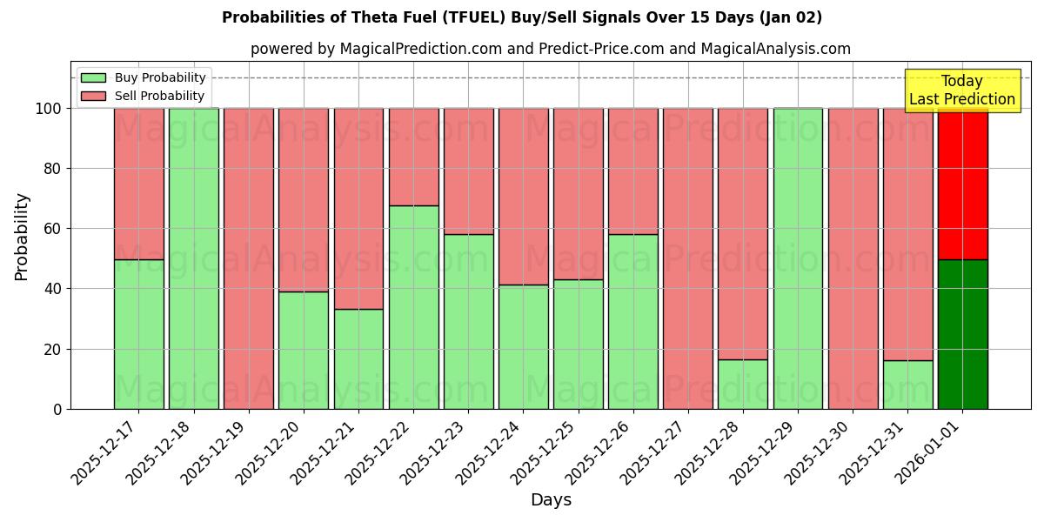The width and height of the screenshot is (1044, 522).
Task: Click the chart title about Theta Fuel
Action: coord(522,17)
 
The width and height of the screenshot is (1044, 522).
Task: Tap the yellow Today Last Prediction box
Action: coord(962,90)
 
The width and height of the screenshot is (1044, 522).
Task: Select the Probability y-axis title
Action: coord(22,237)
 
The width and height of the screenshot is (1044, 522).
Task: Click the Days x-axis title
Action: coord(551,500)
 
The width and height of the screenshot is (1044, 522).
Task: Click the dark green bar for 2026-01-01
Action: coord(962,334)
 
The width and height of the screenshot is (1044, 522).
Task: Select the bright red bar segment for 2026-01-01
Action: coord(962,184)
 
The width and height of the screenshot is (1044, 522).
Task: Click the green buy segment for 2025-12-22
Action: coord(413,307)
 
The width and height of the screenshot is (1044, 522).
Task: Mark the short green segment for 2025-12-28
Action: coord(743,384)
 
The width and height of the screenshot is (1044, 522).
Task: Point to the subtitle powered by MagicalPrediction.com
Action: coord(551,49)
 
